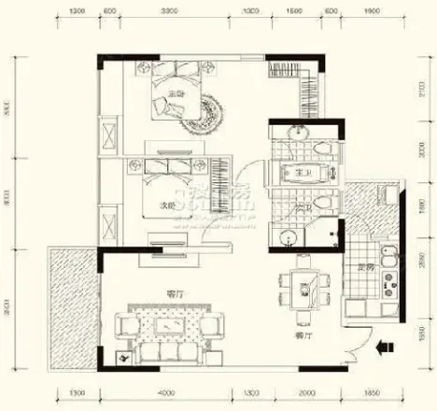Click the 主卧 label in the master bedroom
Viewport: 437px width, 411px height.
(176, 93)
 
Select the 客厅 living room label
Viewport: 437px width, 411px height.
(174, 293)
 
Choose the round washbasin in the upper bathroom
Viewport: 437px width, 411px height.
(298, 132)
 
